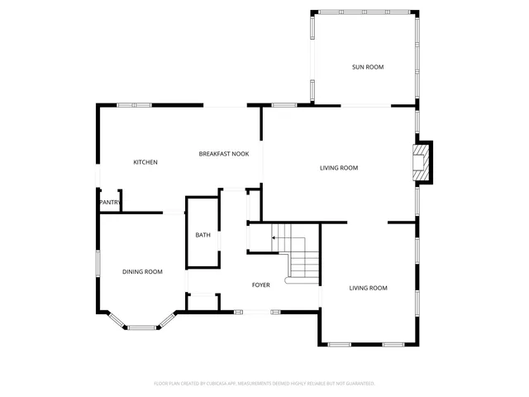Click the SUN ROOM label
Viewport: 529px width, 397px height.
(x=368, y=67)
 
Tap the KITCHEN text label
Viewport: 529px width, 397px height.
(x=145, y=162)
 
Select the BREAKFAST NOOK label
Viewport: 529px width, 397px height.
(x=223, y=154)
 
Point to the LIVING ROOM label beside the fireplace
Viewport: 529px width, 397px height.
(x=339, y=168)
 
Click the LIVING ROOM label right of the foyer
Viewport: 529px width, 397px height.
(x=368, y=288)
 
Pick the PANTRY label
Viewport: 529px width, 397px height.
(x=110, y=203)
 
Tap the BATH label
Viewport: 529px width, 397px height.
(x=203, y=236)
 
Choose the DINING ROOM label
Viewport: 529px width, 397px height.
(x=142, y=272)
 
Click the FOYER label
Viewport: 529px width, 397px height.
(x=261, y=285)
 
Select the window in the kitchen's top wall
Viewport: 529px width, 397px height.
(x=133, y=105)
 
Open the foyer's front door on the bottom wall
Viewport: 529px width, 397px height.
(x=256, y=312)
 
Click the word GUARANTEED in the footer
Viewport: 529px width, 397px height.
(x=360, y=384)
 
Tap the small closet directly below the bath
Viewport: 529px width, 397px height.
(x=203, y=302)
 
